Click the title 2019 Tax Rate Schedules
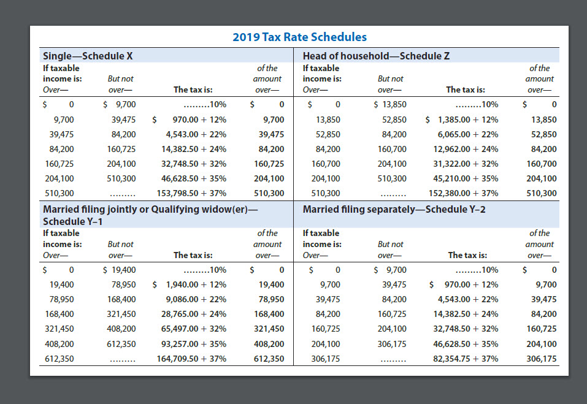pos(299,37)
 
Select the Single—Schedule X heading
pos(88,56)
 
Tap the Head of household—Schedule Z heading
pos(377,56)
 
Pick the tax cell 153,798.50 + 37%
pos(191,193)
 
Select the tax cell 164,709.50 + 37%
pos(191,359)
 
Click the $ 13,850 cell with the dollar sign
pos(390,104)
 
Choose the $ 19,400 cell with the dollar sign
pos(120,270)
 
